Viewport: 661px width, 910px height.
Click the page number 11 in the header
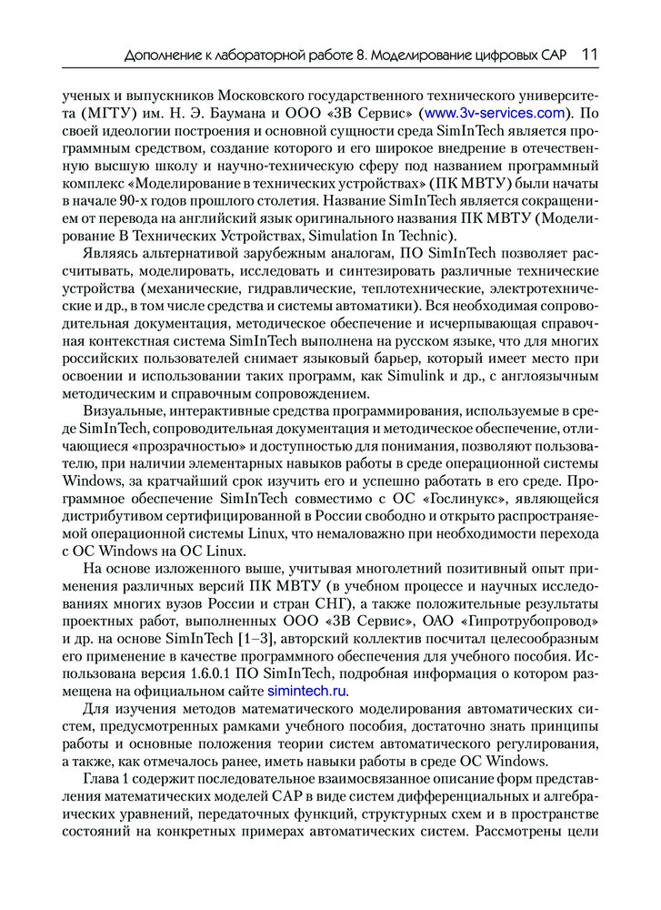(589, 56)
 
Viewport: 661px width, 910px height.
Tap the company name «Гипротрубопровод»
(534, 622)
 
